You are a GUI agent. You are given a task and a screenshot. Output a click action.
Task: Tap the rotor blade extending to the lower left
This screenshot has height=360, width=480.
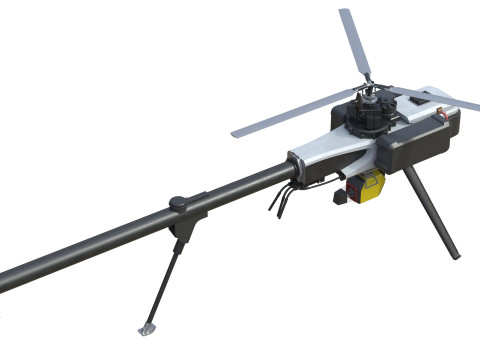(290, 118)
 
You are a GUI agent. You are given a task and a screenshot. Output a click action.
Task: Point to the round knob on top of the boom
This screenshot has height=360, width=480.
(179, 203)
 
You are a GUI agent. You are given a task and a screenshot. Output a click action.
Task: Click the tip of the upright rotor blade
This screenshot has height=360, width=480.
(346, 14)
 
